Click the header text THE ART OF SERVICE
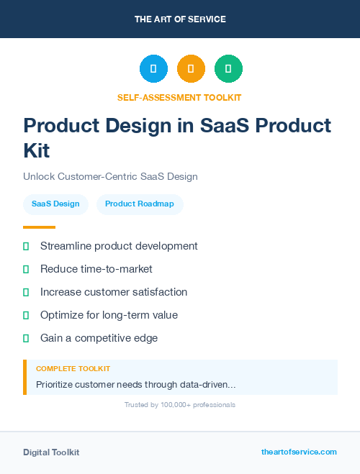180,19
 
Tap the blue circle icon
153,68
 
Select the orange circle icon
191,68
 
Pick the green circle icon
228,68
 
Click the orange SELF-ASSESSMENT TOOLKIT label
179,97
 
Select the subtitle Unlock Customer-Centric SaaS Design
110,176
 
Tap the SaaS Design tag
55,204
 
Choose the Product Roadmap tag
140,204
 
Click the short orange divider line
39,227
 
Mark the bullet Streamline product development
119,246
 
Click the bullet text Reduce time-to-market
96,269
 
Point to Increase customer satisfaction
114,292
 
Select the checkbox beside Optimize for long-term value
26,315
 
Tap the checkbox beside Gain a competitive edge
26,338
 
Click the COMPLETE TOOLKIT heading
73,368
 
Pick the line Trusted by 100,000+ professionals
180,405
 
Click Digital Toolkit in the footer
51,452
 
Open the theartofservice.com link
299,452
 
